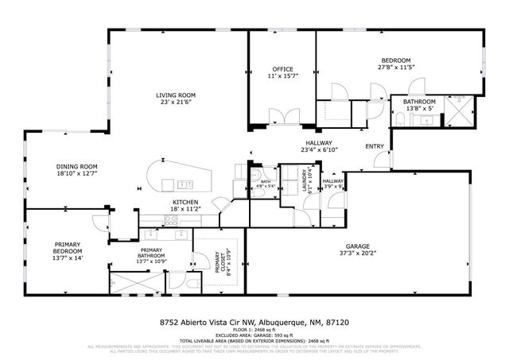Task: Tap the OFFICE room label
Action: coord(283,69)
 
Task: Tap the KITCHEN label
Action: coord(185,203)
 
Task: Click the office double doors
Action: coord(282,118)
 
